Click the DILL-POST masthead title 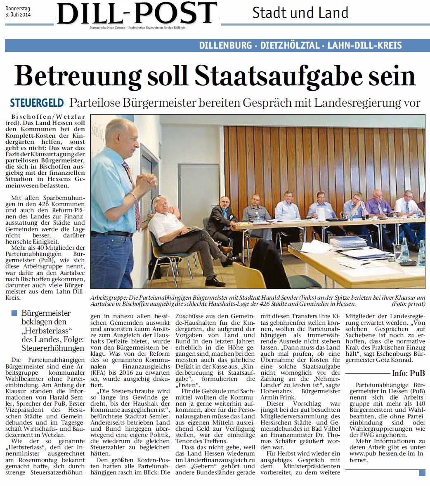point(137,13)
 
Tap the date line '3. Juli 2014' point(19,15)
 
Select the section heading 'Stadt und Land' point(300,13)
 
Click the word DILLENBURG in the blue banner point(225,45)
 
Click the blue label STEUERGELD point(37,103)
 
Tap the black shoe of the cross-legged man point(214,282)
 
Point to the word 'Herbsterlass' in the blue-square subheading point(47,331)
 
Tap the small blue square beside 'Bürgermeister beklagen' point(15,313)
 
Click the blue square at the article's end point(421,473)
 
